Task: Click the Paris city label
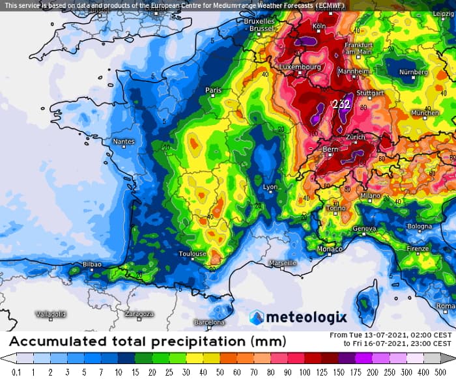point(214,91)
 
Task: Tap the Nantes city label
point(124,141)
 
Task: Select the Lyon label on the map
point(270,187)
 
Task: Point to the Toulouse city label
point(193,254)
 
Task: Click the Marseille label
point(283,263)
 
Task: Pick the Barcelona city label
point(210,322)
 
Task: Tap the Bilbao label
point(93,264)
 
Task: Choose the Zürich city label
point(356,137)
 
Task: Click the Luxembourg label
point(300,66)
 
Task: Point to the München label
point(425,113)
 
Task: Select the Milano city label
point(370,195)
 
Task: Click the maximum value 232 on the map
point(341,104)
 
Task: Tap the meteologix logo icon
point(257,317)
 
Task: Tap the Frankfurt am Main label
point(358,48)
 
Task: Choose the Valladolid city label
point(51,314)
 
